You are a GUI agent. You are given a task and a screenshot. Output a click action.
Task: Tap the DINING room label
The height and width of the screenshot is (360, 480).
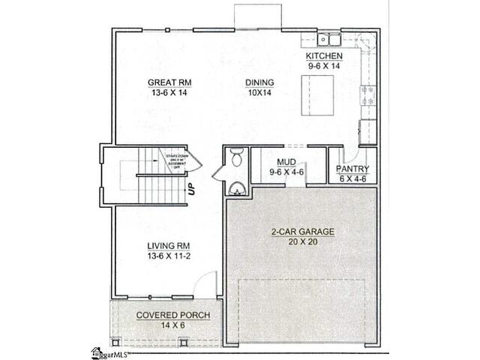[x=259, y=82]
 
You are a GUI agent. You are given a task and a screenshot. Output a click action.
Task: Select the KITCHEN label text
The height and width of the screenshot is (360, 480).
[x=324, y=56]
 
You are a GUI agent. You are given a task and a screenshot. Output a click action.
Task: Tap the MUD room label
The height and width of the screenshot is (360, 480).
[x=286, y=161]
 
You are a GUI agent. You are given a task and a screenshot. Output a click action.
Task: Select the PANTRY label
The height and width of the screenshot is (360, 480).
[x=352, y=169]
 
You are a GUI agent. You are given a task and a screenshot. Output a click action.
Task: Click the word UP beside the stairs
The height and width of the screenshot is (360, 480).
[x=191, y=189]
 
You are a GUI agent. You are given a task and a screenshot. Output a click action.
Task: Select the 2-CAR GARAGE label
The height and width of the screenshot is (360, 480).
[x=302, y=232]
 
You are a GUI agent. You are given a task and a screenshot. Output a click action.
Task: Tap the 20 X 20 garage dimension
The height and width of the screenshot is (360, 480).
[x=302, y=243]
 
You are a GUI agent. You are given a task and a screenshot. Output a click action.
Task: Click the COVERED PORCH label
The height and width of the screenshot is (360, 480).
[x=172, y=316]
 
